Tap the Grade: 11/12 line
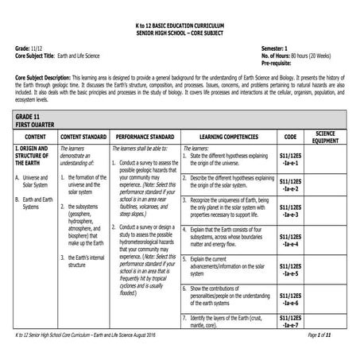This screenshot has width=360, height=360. [29, 49]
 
